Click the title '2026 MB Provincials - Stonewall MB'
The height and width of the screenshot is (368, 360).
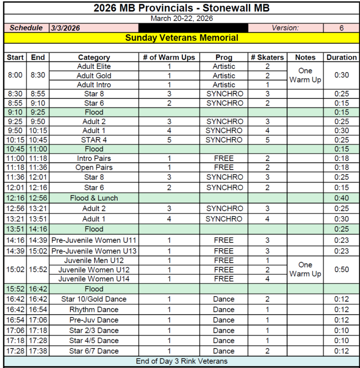pos(181,8)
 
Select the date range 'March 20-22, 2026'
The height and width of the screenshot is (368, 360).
pos(181,18)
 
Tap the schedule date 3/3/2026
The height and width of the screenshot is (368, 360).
pos(65,28)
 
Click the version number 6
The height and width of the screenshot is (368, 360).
pos(341,28)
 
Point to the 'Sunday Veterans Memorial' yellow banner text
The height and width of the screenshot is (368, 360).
pos(181,38)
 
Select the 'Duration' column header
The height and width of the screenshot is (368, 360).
pos(341,57)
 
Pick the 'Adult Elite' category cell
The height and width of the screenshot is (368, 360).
pos(94,67)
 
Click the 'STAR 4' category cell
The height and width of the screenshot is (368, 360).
pos(94,140)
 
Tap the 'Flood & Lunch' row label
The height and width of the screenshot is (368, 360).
pos(94,198)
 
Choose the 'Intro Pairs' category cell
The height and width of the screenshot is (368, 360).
pos(94,158)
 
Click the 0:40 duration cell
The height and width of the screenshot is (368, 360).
pos(341,198)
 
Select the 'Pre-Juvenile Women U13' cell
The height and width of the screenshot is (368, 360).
pos(94,251)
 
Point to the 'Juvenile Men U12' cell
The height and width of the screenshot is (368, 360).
pos(94,260)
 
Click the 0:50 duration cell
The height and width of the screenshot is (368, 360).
pos(341,270)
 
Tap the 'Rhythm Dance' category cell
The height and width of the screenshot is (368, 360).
pos(94,309)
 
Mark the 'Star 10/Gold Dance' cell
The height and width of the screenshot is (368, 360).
pos(94,299)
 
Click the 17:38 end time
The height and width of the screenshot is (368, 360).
pos(38,351)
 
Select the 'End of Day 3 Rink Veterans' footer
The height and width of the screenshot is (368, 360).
pos(181,361)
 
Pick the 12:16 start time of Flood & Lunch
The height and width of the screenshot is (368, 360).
pos(15,198)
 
